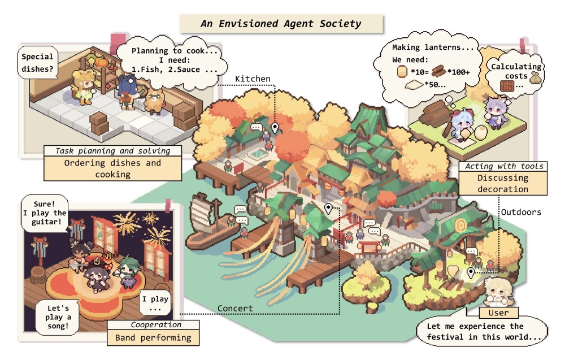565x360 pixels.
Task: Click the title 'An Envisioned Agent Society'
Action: (281, 24)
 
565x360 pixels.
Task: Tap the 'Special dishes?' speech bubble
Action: (37, 63)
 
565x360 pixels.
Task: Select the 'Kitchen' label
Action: (253, 79)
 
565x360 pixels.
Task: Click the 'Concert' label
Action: (235, 308)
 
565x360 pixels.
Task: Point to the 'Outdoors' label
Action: (521, 212)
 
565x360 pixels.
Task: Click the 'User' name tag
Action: (499, 313)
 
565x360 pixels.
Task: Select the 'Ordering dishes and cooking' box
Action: (113, 168)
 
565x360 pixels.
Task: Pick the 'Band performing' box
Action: (153, 337)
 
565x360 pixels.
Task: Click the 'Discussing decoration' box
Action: (503, 183)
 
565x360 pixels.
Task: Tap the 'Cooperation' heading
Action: (156, 325)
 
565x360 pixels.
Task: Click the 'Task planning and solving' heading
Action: (113, 151)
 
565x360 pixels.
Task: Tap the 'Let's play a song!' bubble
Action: (58, 317)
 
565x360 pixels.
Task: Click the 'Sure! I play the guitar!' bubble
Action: (45, 213)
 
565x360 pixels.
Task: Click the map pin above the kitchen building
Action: (275, 128)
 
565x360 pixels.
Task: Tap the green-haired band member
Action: (127, 271)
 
